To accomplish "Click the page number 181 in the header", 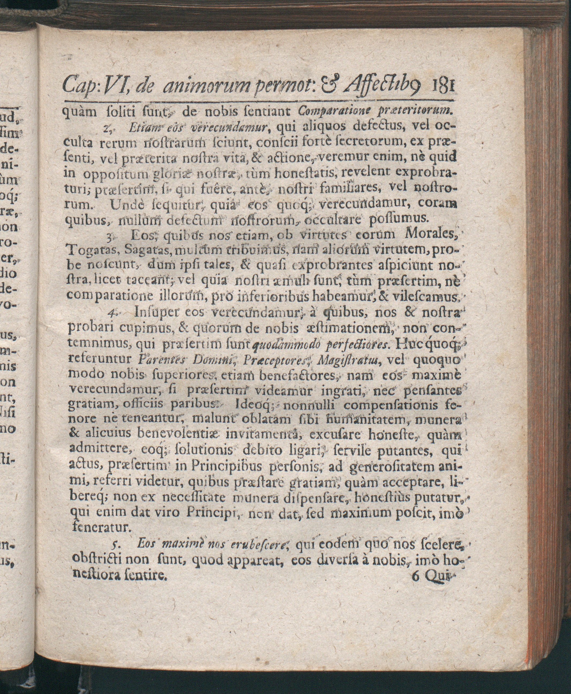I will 441,89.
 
